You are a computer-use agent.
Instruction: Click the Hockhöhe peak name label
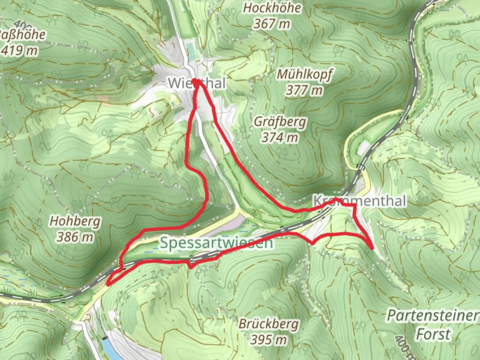pyautogui.click(x=272, y=8)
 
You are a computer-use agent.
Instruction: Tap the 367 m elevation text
pyautogui.click(x=272, y=24)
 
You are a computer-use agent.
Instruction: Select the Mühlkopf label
pyautogui.click(x=305, y=74)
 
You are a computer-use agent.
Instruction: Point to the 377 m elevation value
pyautogui.click(x=304, y=90)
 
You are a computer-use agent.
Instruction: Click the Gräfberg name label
pyautogui.click(x=280, y=122)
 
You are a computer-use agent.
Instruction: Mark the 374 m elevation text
pyautogui.click(x=279, y=137)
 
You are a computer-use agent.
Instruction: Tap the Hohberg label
pyautogui.click(x=75, y=221)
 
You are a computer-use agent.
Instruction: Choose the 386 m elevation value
pyautogui.click(x=75, y=237)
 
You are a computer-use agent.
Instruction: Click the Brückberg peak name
pyautogui.click(x=269, y=324)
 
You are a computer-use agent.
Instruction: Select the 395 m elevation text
pyautogui.click(x=269, y=340)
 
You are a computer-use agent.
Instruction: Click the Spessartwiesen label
pyautogui.click(x=216, y=243)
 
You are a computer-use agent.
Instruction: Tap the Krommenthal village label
pyautogui.click(x=360, y=201)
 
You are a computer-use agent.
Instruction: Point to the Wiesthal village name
pyautogui.click(x=197, y=83)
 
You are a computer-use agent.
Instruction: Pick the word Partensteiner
pyautogui.click(x=432, y=315)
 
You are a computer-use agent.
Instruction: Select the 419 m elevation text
pyautogui.click(x=19, y=51)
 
